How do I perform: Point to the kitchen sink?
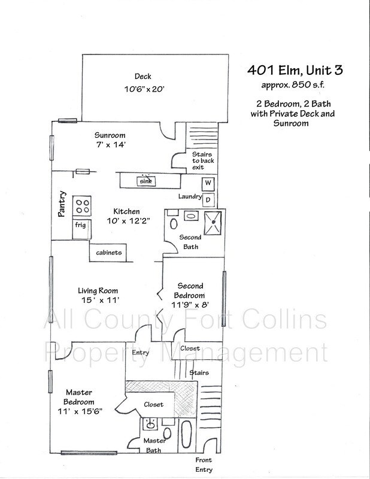point(144,180)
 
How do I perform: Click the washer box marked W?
point(208,183)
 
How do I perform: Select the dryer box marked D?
point(208,198)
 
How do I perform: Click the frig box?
point(80,226)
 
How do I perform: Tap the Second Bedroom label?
point(190,291)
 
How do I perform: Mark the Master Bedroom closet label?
point(153,405)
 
